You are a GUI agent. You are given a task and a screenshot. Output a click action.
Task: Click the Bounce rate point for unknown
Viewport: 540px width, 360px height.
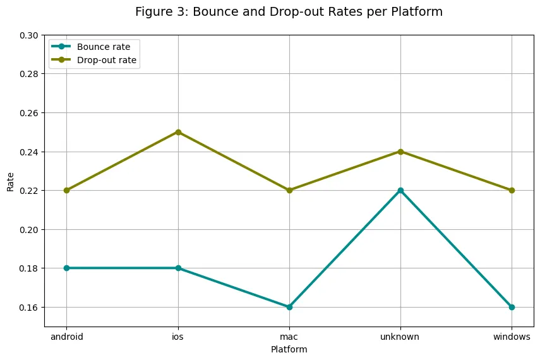point(400,190)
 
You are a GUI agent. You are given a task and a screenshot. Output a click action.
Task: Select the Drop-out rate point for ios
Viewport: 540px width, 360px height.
point(178,132)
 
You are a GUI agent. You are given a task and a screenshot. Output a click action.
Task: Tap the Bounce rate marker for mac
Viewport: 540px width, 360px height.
point(289,307)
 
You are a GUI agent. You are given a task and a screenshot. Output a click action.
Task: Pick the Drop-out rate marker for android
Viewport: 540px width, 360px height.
point(67,190)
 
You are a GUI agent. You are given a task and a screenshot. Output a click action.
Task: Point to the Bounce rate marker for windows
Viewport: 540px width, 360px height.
point(512,307)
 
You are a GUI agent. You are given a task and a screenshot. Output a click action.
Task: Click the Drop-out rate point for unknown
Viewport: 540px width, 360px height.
point(400,152)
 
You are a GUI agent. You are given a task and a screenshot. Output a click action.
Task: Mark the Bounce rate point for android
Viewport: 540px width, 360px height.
point(67,268)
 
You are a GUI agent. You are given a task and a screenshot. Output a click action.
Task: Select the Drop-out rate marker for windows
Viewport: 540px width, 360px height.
point(512,190)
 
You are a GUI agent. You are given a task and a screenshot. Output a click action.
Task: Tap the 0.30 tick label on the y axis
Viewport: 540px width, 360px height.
point(28,35)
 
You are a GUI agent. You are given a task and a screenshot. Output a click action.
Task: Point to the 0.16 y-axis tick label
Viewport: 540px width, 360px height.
point(28,307)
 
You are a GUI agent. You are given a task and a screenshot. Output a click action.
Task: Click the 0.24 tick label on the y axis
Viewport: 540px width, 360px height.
point(28,152)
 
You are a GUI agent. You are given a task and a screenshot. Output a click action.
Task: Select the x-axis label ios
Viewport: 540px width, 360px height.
point(178,337)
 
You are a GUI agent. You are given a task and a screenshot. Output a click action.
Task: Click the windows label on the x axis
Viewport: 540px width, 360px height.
point(512,337)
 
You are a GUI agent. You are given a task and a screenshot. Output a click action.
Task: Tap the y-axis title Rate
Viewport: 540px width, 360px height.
point(11,181)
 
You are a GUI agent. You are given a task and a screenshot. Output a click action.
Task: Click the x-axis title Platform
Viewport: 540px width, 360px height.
point(289,349)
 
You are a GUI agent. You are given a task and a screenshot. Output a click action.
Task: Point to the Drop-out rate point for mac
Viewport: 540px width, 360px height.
point(289,190)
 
